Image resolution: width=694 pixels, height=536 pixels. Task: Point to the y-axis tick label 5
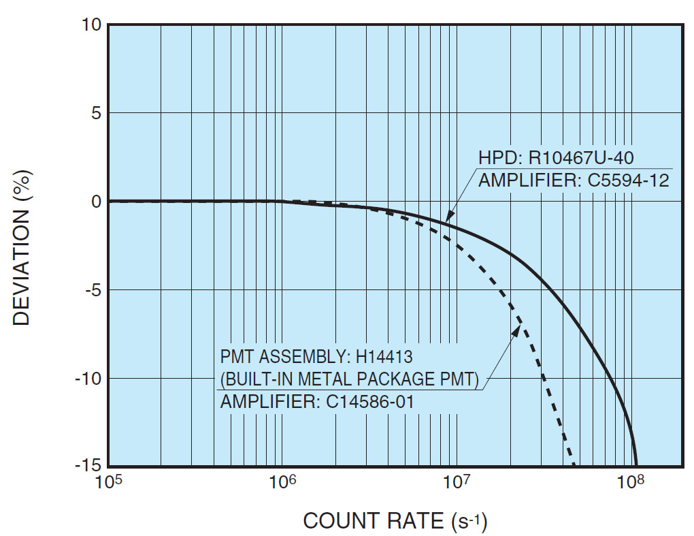[96, 113]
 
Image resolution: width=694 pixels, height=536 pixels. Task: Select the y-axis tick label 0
[96, 202]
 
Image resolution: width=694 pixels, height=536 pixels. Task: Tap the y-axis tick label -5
[93, 290]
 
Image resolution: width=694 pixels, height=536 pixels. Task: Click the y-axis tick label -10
[88, 378]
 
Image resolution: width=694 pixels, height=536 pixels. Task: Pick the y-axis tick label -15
[88, 467]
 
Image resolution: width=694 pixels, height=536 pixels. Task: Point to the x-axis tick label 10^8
[631, 483]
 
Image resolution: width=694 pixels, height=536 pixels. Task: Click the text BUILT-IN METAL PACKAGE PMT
[351, 379]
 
